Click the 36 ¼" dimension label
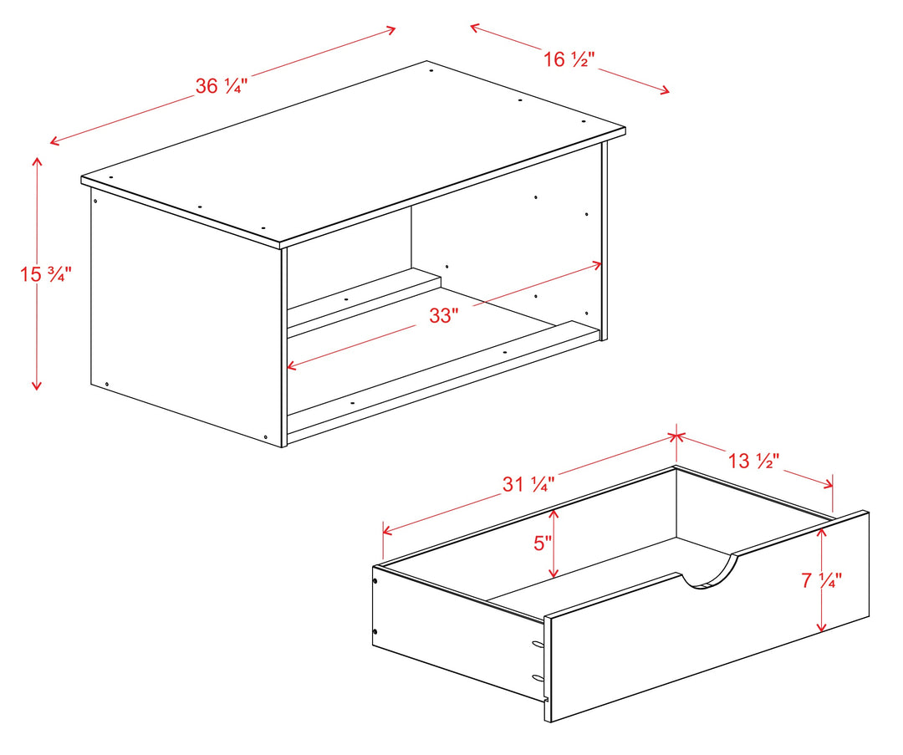(x=221, y=86)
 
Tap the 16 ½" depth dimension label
(x=569, y=59)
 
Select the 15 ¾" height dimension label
(x=46, y=273)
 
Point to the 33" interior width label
(x=444, y=315)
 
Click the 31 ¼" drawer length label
(x=528, y=484)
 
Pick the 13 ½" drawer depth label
(x=754, y=461)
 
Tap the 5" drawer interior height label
(x=543, y=543)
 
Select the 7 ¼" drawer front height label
(x=822, y=580)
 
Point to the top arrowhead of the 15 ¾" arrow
(x=37, y=161)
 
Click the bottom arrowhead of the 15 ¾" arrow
(x=37, y=385)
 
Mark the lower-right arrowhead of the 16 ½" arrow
(x=665, y=89)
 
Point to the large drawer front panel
(x=707, y=616)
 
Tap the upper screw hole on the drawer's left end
(x=375, y=582)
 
